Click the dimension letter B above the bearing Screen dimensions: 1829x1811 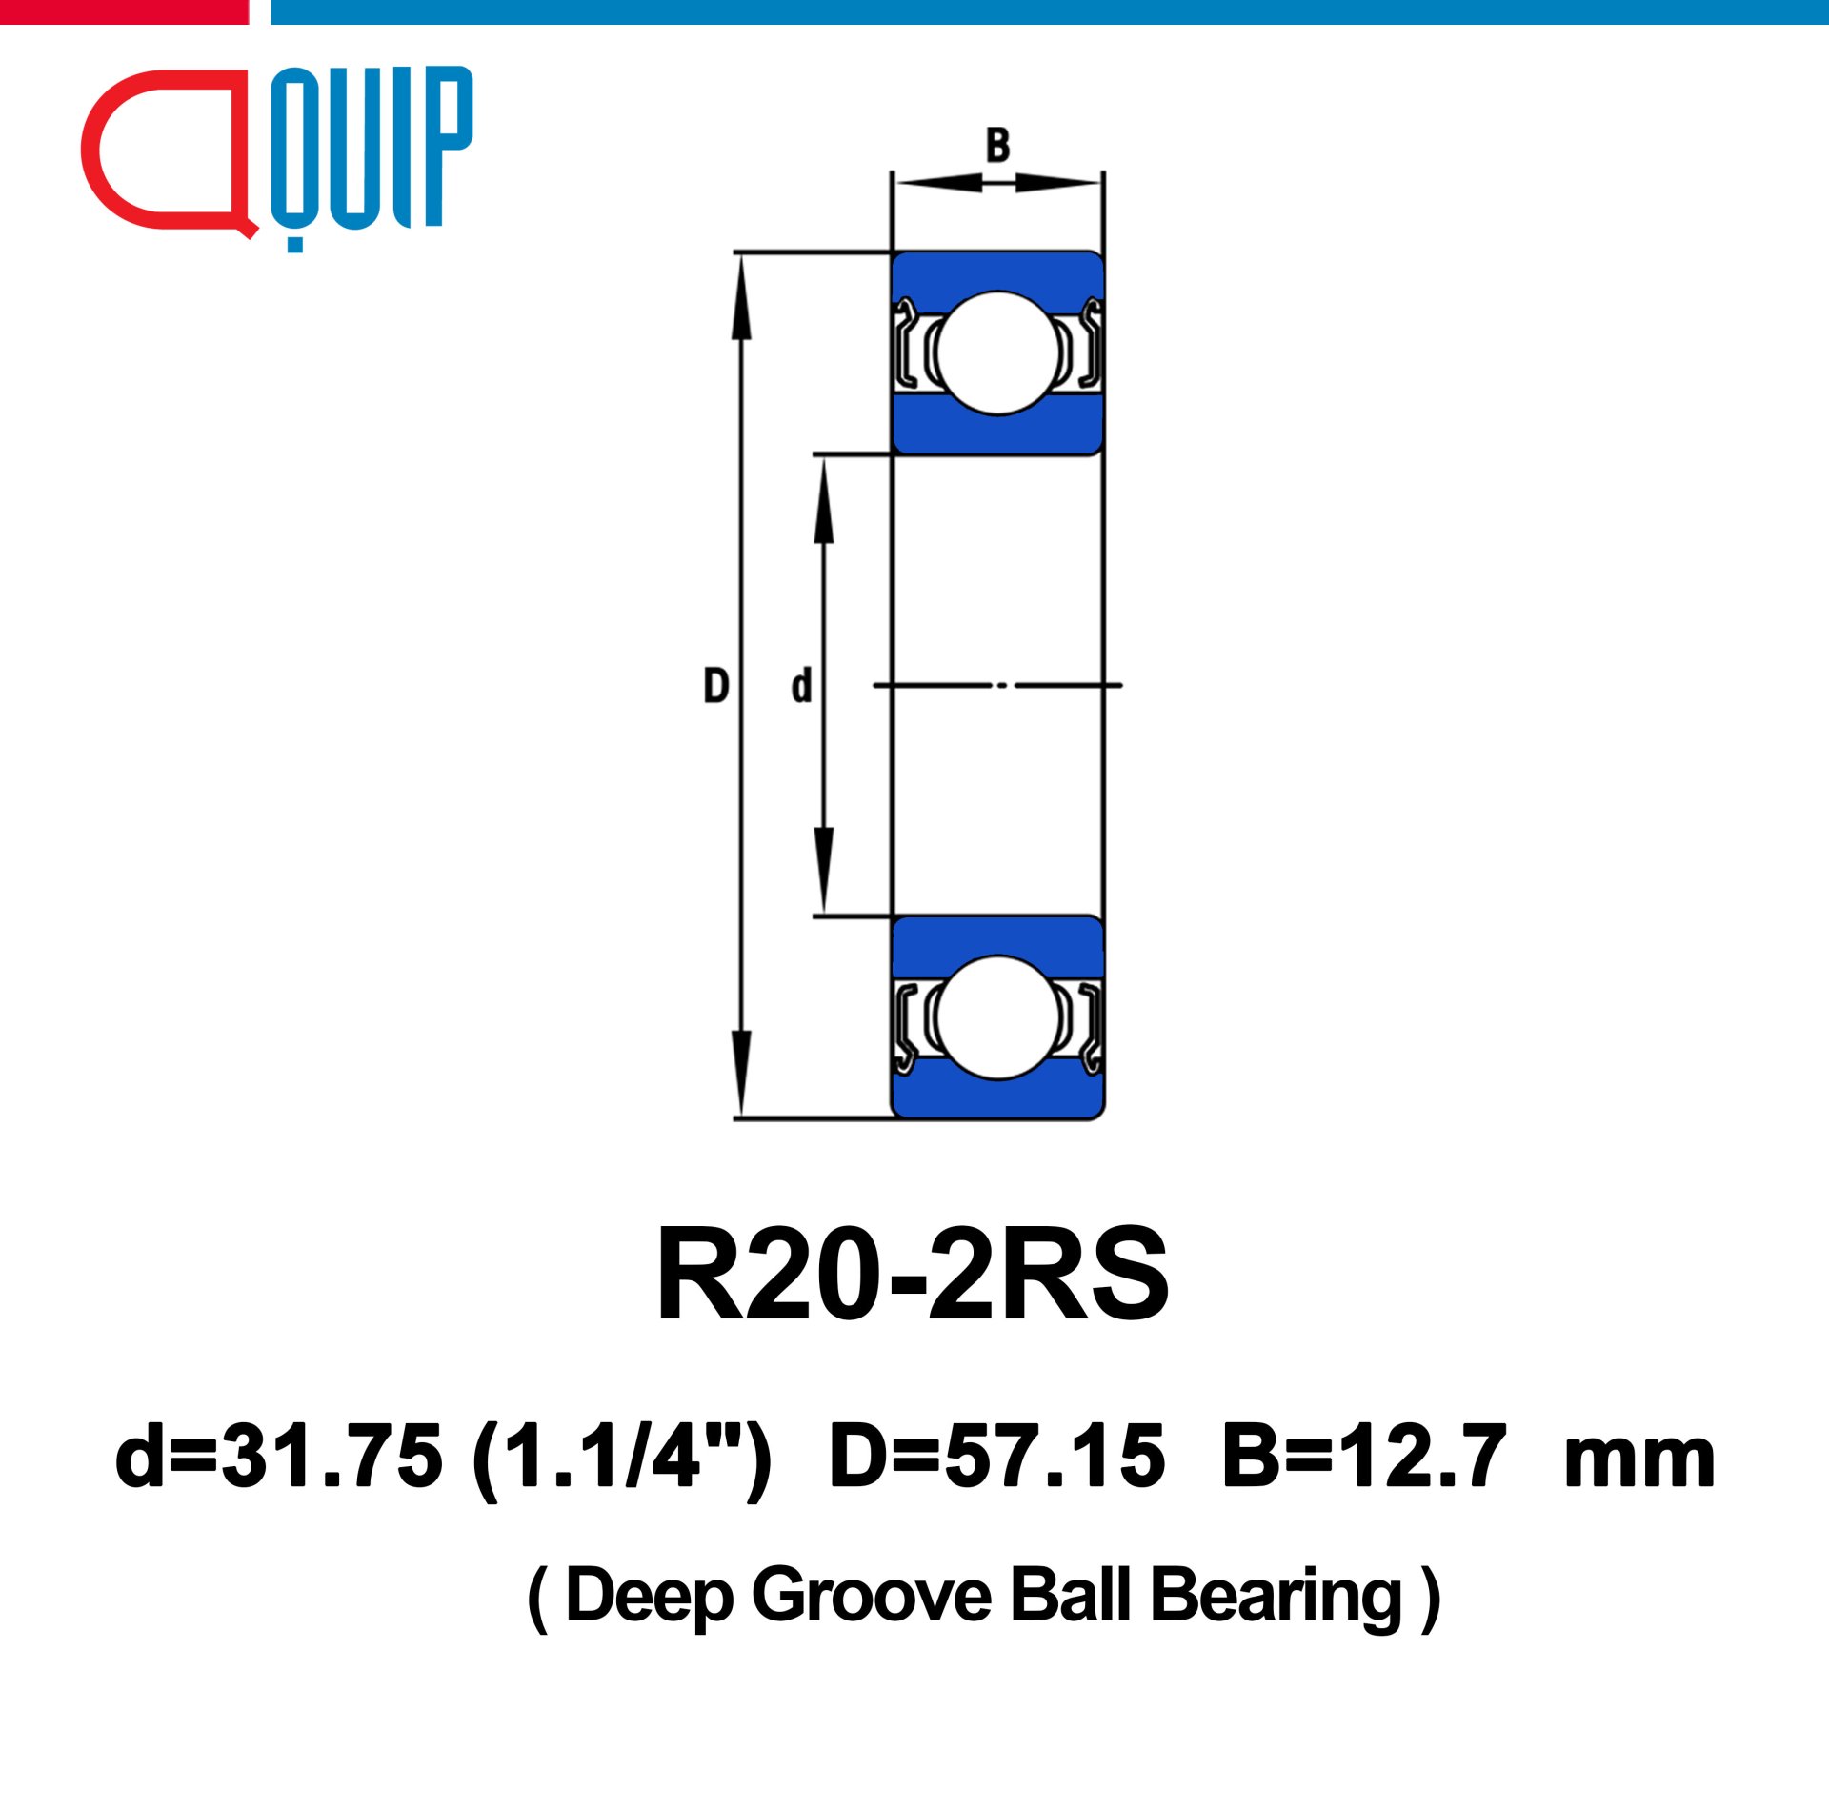coord(997,145)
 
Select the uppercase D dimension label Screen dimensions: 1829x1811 coord(715,686)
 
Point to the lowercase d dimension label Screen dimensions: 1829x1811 coord(801,686)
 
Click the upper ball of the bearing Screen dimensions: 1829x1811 coord(998,352)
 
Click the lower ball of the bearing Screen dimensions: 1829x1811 coord(998,1018)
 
